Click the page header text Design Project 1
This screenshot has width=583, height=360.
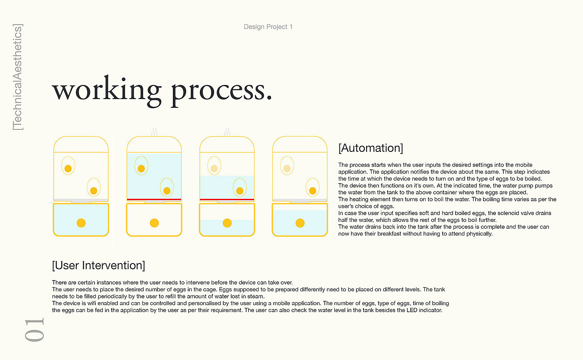click(x=268, y=27)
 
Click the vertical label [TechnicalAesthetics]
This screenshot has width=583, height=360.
click(x=17, y=77)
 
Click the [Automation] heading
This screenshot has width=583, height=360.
click(x=371, y=148)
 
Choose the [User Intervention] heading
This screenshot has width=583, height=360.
click(x=98, y=266)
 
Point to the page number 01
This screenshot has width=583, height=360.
click(x=35, y=330)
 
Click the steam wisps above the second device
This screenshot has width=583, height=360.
click(x=154, y=132)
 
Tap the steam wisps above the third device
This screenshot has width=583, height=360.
click(x=227, y=132)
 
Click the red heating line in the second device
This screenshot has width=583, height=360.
click(x=154, y=199)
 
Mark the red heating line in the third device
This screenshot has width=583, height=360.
click(x=227, y=199)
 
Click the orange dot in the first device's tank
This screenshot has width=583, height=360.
click(x=81, y=223)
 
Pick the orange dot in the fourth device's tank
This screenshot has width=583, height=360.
click(x=300, y=223)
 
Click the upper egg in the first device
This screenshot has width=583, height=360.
click(x=68, y=166)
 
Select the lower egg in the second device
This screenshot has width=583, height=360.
click(x=167, y=188)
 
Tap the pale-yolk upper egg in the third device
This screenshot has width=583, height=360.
click(x=214, y=166)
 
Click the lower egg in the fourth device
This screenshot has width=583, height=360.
click(x=313, y=188)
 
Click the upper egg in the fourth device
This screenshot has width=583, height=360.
click(x=287, y=166)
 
